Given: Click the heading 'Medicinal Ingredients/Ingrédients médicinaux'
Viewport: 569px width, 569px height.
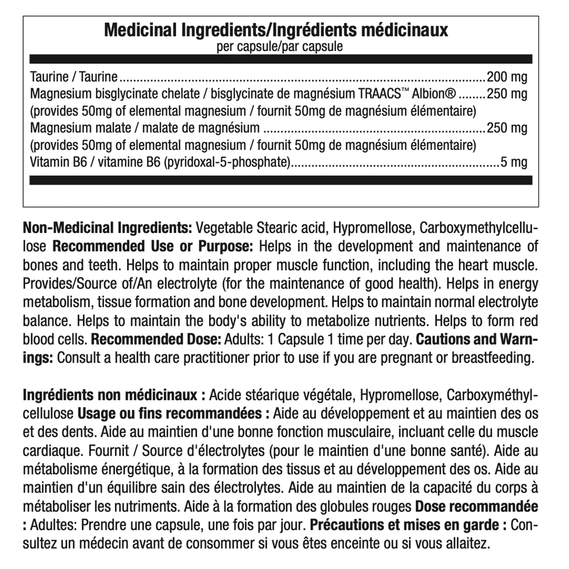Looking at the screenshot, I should click(x=276, y=30).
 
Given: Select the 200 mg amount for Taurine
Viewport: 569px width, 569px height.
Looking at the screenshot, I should click(x=506, y=77).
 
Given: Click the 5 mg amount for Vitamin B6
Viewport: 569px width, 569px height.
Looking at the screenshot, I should click(x=514, y=162).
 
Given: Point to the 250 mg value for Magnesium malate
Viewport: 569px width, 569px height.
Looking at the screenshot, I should click(x=506, y=128).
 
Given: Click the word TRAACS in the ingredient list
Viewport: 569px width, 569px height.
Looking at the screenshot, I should click(x=379, y=94).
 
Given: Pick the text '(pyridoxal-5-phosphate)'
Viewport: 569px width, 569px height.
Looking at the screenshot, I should click(x=227, y=162).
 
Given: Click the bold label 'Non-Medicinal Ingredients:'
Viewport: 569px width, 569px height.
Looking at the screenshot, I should click(x=108, y=228).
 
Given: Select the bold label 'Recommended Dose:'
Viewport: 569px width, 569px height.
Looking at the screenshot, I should click(x=156, y=339).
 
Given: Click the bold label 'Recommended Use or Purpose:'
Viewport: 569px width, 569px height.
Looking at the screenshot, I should click(x=153, y=246).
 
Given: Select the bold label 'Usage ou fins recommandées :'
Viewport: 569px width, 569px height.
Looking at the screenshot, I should click(x=173, y=413).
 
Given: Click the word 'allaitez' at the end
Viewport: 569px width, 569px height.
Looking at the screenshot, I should click(x=468, y=543).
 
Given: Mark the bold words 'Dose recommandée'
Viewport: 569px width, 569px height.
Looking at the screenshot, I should click(x=476, y=506).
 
